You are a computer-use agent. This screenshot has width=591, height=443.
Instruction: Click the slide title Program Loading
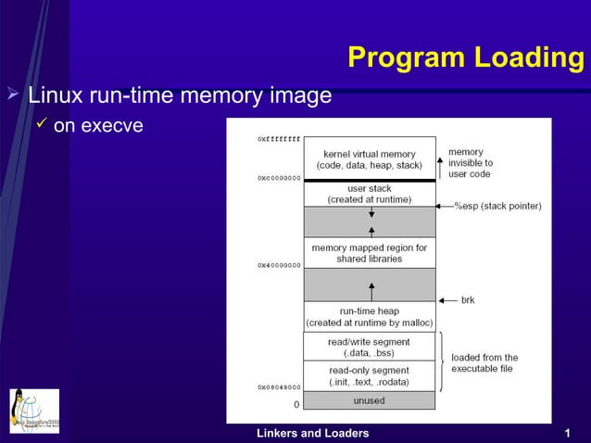pos(466,58)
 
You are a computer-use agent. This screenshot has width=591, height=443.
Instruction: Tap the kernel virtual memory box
pos(369,158)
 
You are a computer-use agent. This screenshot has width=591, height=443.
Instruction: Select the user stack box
pos(369,194)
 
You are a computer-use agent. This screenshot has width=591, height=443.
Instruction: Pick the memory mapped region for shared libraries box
pos(369,253)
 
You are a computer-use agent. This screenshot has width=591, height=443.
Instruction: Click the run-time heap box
pos(369,316)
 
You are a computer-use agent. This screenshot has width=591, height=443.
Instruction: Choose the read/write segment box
pos(369,347)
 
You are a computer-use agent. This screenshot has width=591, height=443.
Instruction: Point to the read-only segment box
pos(369,375)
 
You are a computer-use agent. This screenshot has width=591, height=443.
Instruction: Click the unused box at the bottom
pos(369,400)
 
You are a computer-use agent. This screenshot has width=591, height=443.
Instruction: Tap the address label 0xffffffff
pos(279,139)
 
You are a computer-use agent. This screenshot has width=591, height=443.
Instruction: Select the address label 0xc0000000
pos(279,177)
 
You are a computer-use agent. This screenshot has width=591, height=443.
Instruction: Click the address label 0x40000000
pos(279,265)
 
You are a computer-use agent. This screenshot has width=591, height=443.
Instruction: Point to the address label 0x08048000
pos(279,386)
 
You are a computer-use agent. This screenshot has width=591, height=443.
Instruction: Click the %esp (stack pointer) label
pos(497,206)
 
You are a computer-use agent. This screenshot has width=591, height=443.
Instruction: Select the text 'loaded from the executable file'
pos(484,362)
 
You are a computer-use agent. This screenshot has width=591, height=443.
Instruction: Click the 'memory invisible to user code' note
pos(471,162)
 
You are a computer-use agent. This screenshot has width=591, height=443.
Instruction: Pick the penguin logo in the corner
pos(34,411)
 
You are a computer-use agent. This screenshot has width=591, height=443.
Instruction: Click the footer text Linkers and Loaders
pos(312,433)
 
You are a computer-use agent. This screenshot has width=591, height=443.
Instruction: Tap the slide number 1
pos(566,433)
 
